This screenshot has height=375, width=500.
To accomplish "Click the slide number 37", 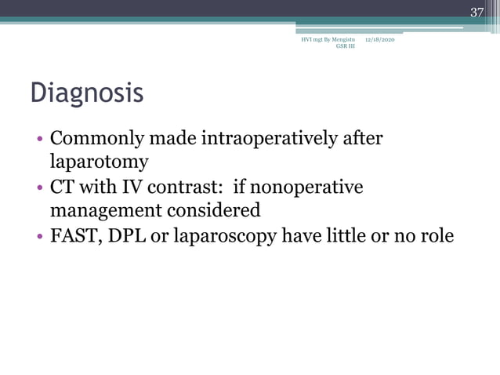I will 476,11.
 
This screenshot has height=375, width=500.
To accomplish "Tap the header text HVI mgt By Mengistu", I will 328,38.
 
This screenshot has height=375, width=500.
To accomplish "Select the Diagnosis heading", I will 87,93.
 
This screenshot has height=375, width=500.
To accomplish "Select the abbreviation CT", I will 63,188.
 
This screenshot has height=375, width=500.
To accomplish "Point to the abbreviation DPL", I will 129,235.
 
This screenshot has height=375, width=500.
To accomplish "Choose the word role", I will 437,235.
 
